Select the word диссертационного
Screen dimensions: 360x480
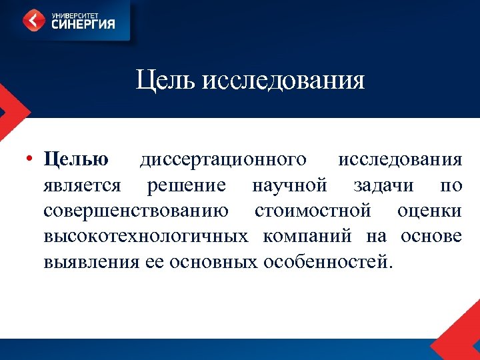pyautogui.click(x=223, y=160)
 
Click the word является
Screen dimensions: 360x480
pyautogui.click(x=82, y=185)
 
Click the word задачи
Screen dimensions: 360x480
pyautogui.click(x=382, y=185)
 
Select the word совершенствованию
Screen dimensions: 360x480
pyautogui.click(x=135, y=211)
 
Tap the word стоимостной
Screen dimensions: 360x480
pyautogui.click(x=313, y=211)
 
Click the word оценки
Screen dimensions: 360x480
pyautogui.click(x=429, y=211)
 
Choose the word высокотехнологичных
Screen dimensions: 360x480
pyautogui.click(x=146, y=236)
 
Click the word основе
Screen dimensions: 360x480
pyautogui.click(x=431, y=236)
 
